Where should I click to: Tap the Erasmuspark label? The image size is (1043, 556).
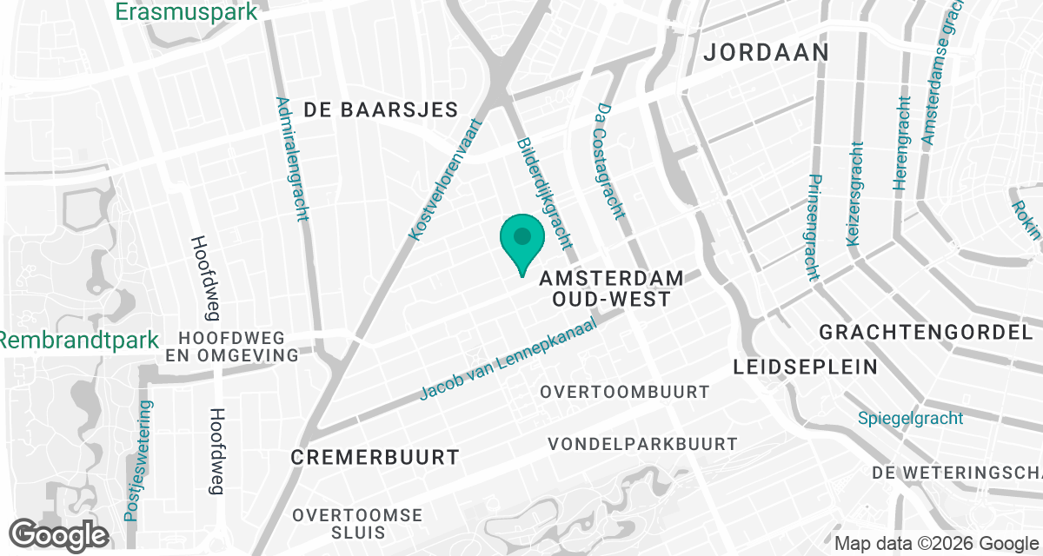click(x=187, y=12)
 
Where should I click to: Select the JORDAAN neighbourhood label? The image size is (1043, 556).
click(x=766, y=52)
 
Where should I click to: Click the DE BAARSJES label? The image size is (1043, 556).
click(x=381, y=109)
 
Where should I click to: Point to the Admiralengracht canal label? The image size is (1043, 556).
click(x=292, y=158)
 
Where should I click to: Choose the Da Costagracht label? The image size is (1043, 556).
click(x=608, y=162)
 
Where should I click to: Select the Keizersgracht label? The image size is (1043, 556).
click(x=854, y=193)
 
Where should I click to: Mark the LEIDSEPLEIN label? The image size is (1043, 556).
click(x=806, y=367)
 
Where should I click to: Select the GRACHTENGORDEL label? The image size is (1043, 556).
click(x=927, y=332)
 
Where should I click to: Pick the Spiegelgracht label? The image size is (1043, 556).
click(x=910, y=419)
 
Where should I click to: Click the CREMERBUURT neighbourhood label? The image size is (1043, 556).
click(x=375, y=457)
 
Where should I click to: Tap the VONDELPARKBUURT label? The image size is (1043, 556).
click(x=642, y=444)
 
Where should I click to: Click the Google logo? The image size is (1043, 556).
click(x=58, y=535)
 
